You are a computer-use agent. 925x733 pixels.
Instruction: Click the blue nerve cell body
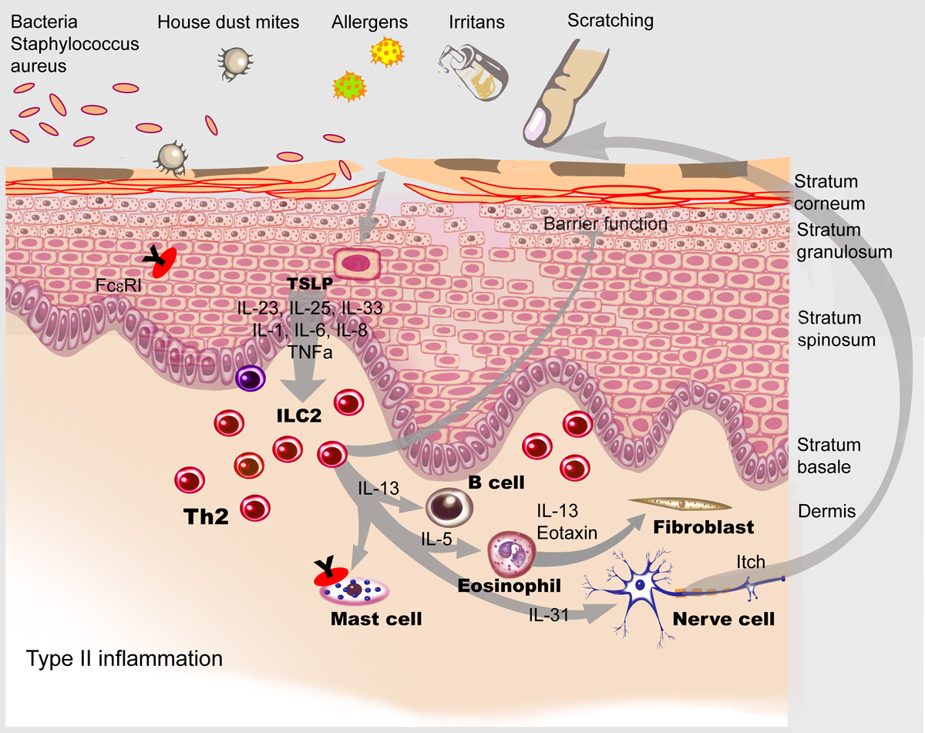[641, 586]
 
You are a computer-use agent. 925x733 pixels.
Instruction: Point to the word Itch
[750, 563]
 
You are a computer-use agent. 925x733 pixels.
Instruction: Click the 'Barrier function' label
[605, 224]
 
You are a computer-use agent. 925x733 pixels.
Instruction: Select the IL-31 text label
[550, 614]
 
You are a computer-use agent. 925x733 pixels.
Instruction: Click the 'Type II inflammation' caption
[124, 659]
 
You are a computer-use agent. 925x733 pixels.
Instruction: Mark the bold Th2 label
[207, 516]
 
